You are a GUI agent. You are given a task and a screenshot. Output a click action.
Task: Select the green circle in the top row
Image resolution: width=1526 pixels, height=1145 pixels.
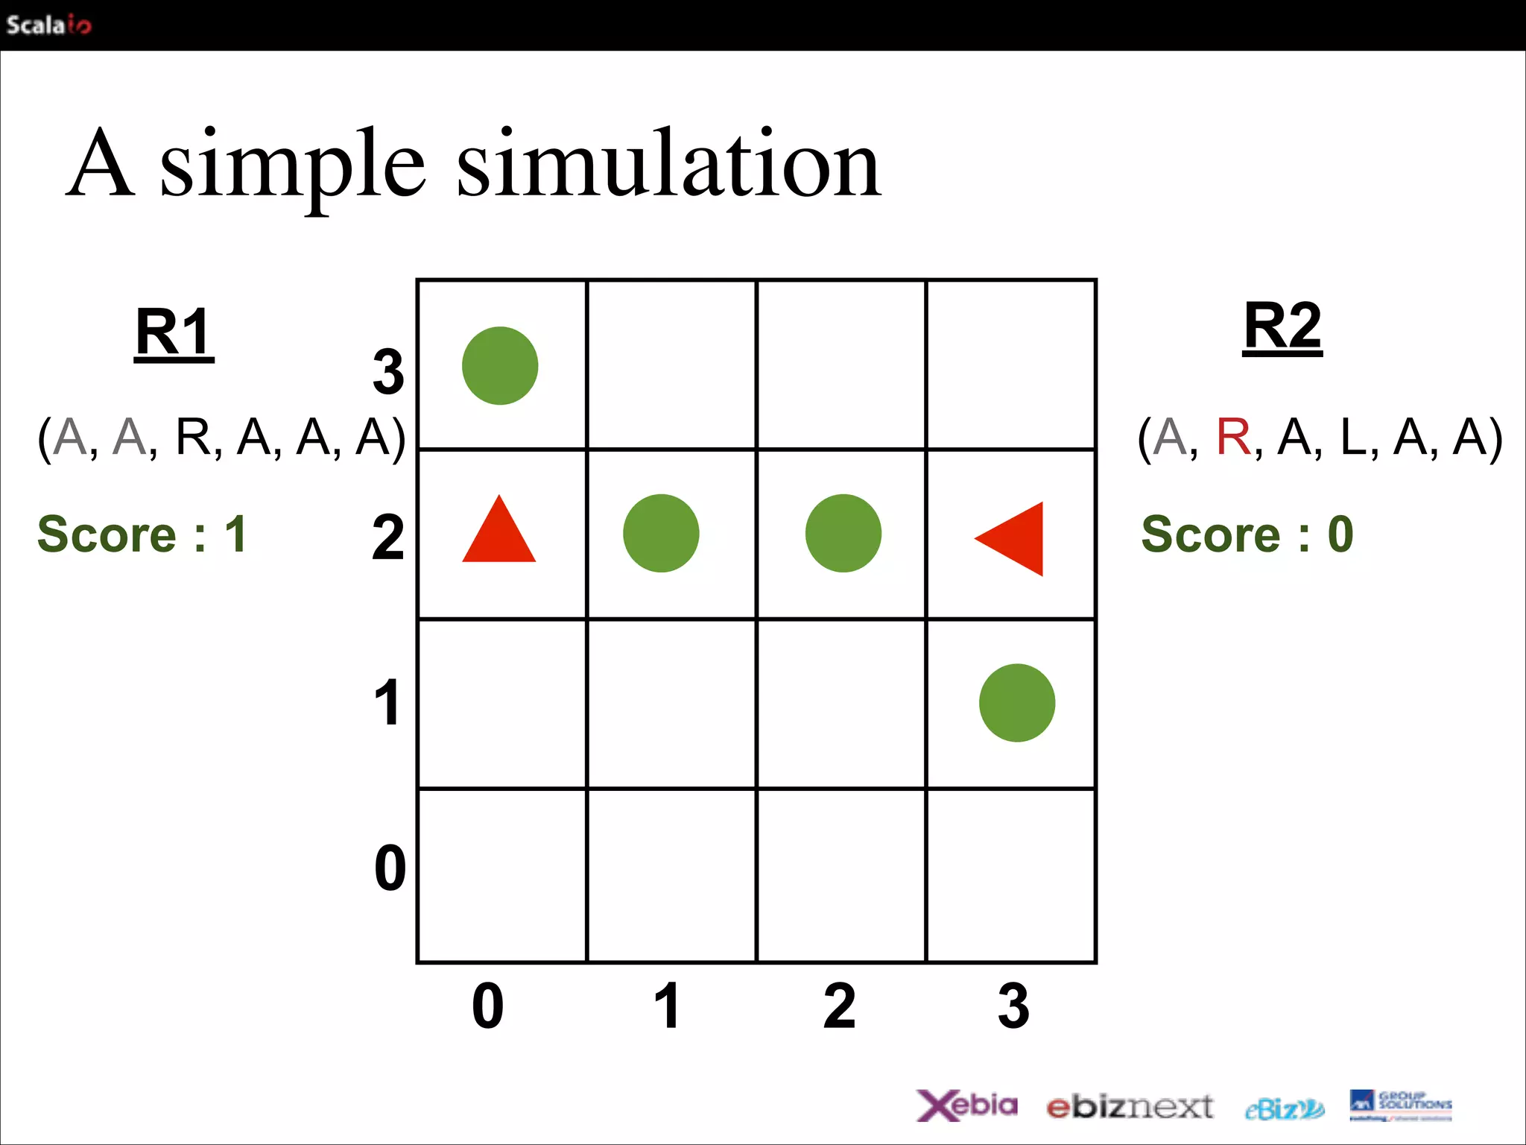[500, 366]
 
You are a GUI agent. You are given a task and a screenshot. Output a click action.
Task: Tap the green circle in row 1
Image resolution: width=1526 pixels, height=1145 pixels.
[1016, 703]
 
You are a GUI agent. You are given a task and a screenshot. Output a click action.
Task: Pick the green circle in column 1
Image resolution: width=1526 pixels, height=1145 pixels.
[661, 534]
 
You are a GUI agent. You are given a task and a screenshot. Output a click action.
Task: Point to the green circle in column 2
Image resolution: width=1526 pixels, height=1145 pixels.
[843, 534]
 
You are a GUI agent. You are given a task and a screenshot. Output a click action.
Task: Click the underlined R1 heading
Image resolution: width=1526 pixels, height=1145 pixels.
[174, 333]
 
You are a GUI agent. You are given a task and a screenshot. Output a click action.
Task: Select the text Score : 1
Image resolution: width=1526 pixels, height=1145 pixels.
[142, 534]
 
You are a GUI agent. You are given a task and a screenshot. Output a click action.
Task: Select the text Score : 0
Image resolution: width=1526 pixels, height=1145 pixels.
[1247, 534]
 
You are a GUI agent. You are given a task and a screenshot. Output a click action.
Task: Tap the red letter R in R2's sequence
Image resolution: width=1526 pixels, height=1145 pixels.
[1233, 437]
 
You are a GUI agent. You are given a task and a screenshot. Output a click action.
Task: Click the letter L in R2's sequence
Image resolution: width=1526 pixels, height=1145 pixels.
[1352, 437]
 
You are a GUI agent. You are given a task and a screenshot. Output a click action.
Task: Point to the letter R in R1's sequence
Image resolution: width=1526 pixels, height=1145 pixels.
[193, 437]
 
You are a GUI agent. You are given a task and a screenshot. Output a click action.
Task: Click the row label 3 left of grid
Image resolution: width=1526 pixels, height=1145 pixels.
[388, 372]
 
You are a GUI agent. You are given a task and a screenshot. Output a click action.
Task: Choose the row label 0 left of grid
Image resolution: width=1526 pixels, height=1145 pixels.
[390, 868]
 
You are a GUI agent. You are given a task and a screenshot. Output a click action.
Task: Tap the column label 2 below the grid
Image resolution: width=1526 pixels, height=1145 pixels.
[840, 1006]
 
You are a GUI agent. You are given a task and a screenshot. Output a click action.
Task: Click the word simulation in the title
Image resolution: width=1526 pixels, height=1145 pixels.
[668, 163]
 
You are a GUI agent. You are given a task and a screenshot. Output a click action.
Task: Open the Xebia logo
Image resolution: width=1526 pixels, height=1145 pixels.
[966, 1105]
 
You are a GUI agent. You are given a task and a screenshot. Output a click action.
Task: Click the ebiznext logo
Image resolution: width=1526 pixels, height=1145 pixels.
[1130, 1107]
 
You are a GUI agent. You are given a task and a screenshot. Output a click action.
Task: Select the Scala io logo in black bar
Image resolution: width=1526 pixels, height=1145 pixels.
[48, 25]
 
